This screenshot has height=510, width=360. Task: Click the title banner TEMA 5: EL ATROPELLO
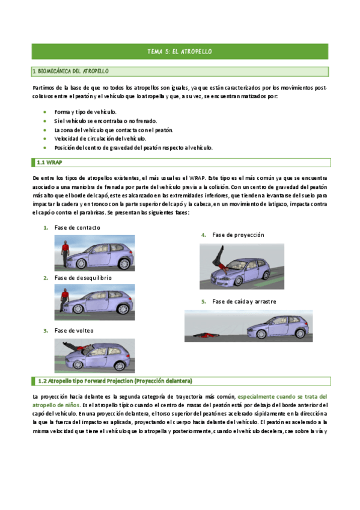pyautogui.click(x=180, y=52)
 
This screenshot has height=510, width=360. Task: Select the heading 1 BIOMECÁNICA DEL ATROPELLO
pyautogui.click(x=70, y=72)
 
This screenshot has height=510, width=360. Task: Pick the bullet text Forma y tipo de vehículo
pyautogui.click(x=85, y=112)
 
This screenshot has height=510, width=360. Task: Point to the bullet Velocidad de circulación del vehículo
pyautogui.click(x=100, y=138)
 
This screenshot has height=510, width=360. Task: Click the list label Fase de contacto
pyautogui.click(x=77, y=227)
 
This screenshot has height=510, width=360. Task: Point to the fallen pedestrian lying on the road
pyautogui.click(x=207, y=334)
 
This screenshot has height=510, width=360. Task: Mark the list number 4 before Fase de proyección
pyautogui.click(x=204, y=235)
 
